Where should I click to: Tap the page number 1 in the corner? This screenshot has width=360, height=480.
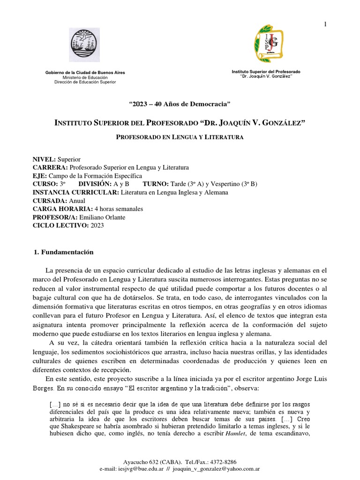pos(325,24)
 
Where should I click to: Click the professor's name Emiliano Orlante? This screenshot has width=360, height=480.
pos(103,217)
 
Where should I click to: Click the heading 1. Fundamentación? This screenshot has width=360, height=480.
pos(64,252)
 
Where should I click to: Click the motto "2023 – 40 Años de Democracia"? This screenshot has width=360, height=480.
pos(180,103)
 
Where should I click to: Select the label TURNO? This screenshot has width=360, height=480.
pos(158,184)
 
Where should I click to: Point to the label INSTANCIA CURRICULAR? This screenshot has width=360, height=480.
pos(75,192)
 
